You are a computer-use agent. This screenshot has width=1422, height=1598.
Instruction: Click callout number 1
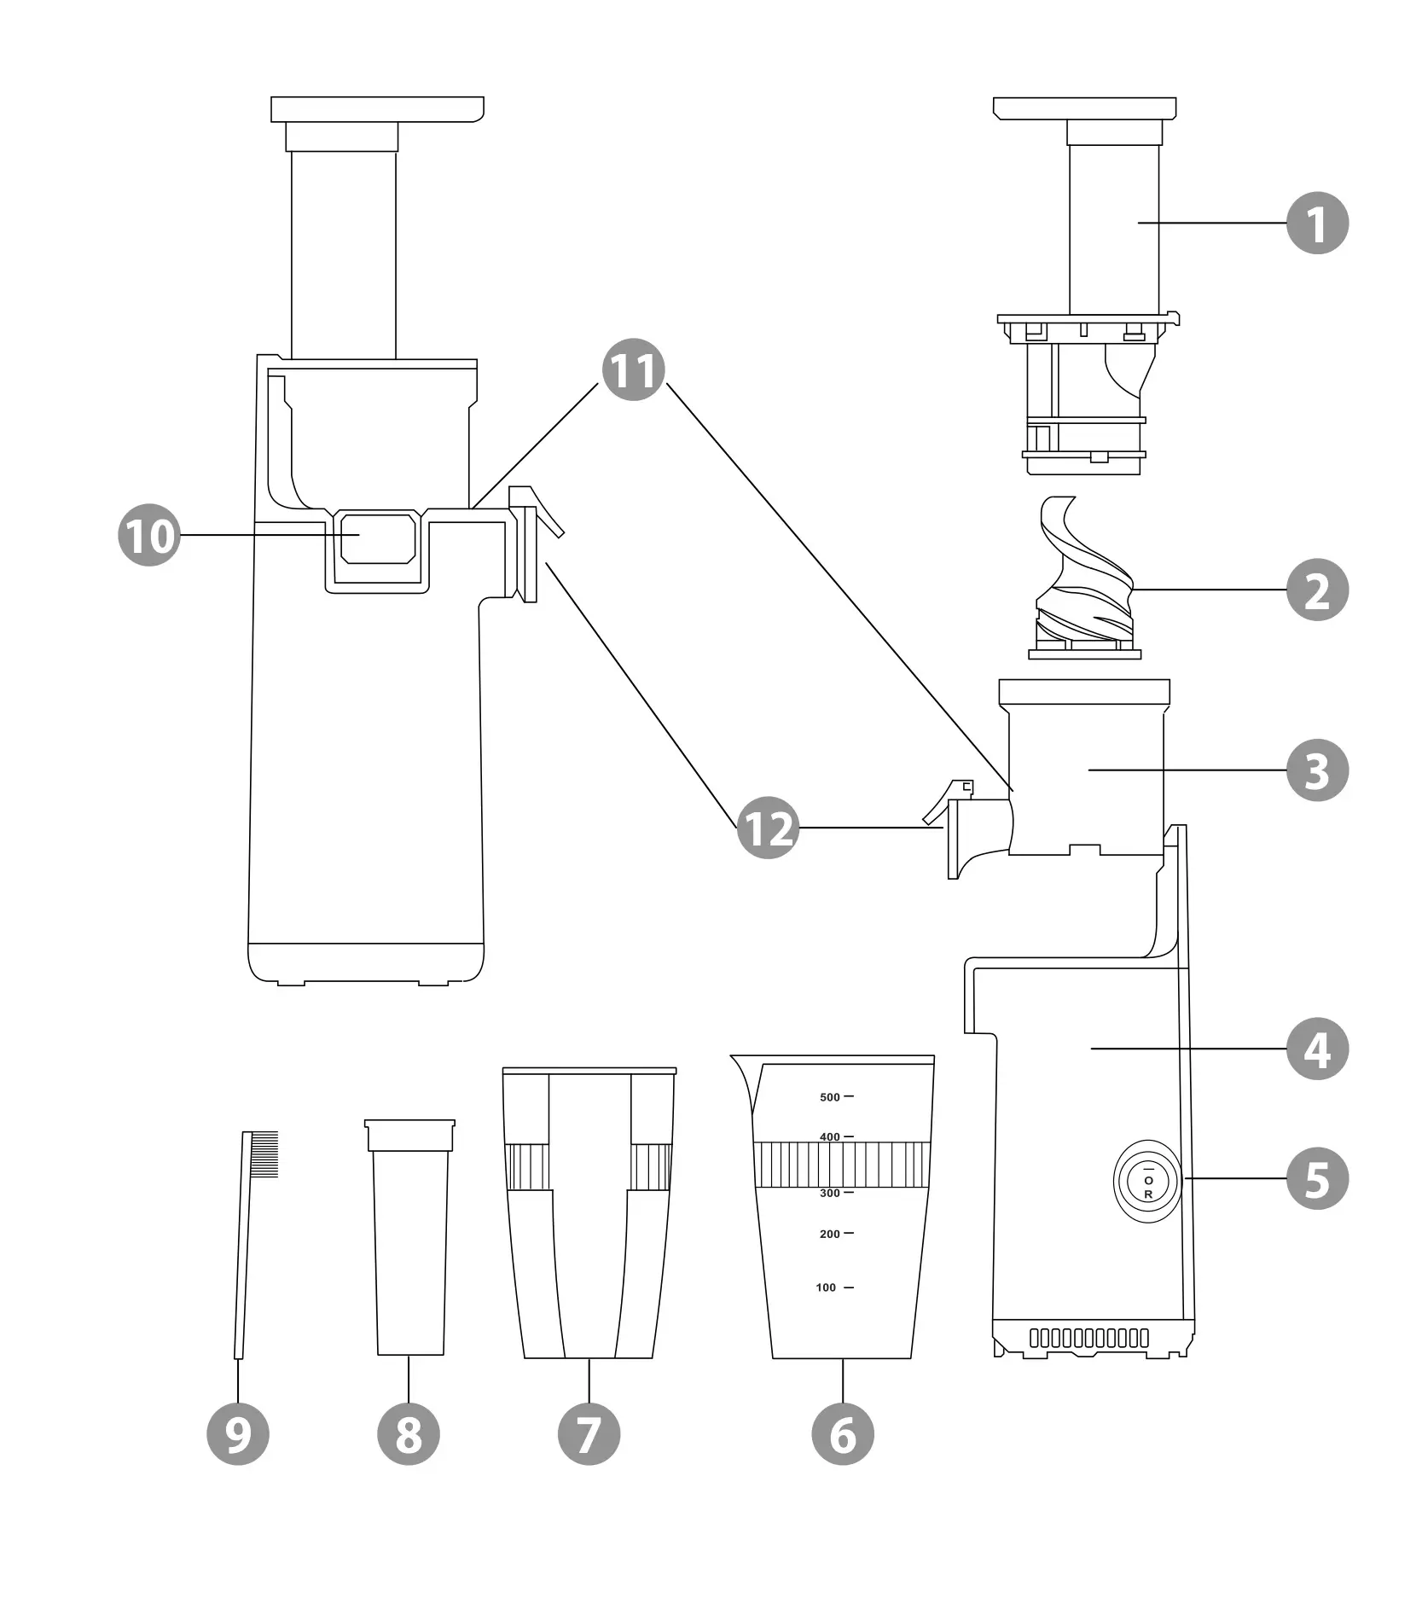1316,224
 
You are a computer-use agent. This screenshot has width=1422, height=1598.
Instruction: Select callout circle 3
1316,770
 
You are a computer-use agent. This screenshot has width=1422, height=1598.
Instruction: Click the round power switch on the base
1148,1181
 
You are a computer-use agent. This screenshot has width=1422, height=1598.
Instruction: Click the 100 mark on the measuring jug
827,1287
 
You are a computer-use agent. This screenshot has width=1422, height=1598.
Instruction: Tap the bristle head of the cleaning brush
264,1154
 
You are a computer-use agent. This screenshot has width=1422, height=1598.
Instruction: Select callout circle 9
238,1433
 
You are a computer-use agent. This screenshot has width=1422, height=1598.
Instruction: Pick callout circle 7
589,1433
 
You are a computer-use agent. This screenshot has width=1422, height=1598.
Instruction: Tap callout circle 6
842,1433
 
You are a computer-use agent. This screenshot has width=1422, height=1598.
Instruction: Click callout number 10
149,535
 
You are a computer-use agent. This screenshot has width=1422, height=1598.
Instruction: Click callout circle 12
768,828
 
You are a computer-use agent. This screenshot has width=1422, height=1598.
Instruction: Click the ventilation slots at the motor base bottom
1088,1337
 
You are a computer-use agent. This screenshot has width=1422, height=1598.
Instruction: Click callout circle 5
1316,1179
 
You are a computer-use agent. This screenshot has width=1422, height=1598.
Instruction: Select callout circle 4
1316,1049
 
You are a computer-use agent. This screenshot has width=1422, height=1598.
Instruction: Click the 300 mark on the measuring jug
830,1193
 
